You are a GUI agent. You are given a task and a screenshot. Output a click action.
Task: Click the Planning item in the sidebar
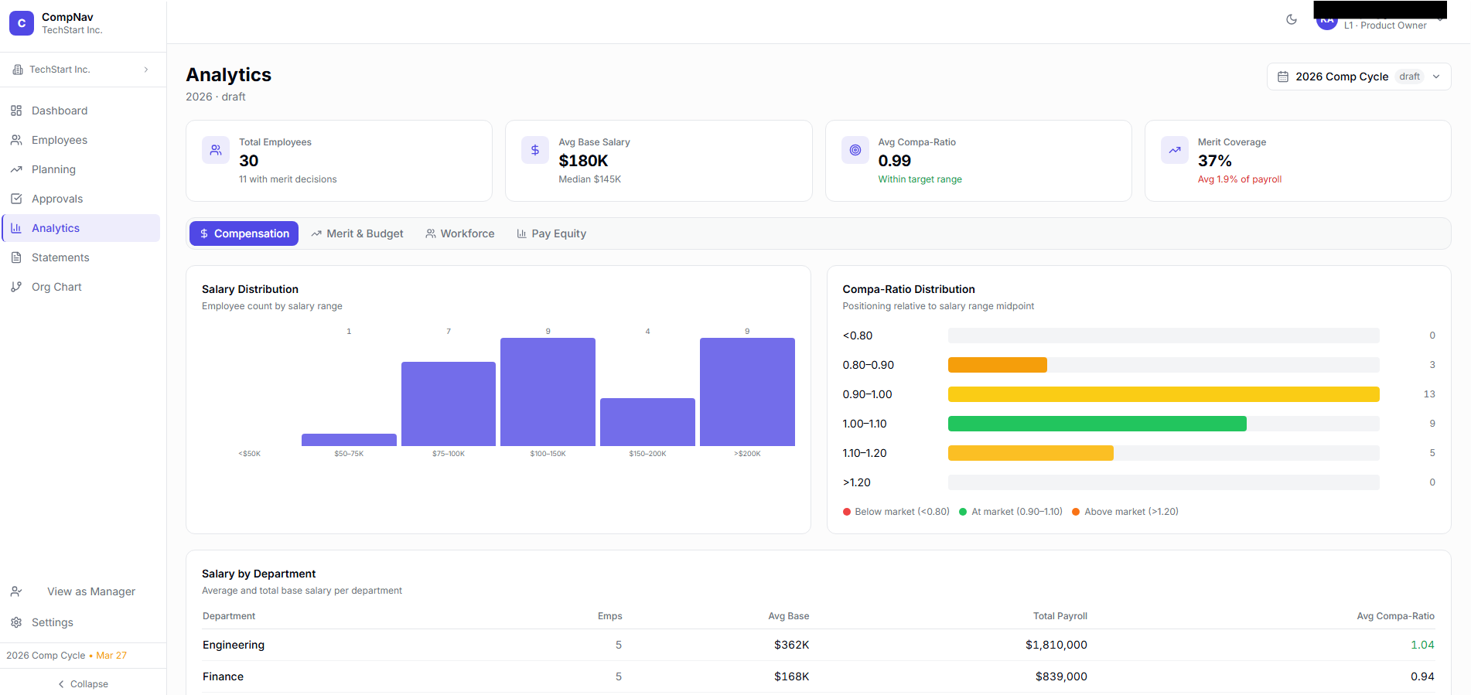53,169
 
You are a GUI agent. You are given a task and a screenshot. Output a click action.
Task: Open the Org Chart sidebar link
56,287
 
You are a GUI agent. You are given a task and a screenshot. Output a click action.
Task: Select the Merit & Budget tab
357,233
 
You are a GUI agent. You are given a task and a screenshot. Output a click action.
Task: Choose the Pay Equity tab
551,233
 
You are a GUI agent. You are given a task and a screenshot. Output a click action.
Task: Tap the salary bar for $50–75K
349,440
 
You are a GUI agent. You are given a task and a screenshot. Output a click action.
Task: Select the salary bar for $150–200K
647,422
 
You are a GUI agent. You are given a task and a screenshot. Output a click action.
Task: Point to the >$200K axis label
747,454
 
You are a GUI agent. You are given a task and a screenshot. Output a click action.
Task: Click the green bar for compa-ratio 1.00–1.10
1097,424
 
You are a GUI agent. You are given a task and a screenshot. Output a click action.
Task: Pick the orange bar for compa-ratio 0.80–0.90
997,365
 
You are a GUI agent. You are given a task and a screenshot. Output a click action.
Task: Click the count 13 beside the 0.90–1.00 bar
1428,394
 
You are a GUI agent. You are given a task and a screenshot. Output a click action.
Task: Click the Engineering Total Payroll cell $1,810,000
1056,645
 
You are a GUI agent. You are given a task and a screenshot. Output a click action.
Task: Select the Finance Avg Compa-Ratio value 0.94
1422,676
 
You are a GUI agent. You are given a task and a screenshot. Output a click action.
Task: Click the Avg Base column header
788,616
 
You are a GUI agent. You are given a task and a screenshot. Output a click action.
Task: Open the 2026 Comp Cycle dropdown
1358,77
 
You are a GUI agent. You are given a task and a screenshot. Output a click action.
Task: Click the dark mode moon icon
1291,19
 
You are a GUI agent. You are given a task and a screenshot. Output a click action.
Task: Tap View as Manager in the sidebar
90,591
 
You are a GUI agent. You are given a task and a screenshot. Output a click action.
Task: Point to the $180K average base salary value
583,161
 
